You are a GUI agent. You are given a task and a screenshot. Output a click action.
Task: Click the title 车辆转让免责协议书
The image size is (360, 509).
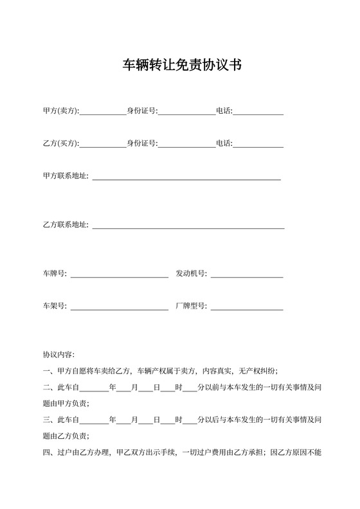tap(183, 65)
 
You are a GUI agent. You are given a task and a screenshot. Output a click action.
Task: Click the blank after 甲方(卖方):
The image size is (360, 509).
tap(102, 112)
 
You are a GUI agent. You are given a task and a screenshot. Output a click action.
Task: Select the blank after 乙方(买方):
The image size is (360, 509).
tap(102, 144)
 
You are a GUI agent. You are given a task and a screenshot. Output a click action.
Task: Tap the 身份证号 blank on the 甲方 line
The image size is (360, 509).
tap(186, 112)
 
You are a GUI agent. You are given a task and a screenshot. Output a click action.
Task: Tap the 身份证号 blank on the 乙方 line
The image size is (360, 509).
tap(186, 144)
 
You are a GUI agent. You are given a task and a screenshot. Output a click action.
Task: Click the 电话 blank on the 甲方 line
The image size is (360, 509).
tap(258, 112)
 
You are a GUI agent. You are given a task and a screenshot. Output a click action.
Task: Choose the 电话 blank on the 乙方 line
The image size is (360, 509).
tap(258, 144)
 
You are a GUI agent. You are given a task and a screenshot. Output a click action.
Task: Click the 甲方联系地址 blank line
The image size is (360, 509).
tap(186, 177)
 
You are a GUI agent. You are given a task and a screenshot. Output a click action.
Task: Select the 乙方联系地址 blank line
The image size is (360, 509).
tap(188, 226)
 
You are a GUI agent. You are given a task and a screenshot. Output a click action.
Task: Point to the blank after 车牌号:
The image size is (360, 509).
tap(119, 274)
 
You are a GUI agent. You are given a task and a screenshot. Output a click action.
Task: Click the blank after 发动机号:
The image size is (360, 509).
tap(246, 274)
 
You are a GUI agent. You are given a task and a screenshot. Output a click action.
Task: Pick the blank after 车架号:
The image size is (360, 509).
tap(119, 307)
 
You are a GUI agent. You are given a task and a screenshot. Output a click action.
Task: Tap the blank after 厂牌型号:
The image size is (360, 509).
tap(246, 307)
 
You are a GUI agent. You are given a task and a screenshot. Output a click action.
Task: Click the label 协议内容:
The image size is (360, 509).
tap(59, 355)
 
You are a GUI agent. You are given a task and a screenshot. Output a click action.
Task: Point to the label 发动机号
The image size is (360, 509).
tap(190, 273)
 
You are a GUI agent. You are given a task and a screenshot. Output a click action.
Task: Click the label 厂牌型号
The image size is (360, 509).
tap(190, 306)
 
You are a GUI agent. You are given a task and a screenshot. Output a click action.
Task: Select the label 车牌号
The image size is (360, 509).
tap(55, 273)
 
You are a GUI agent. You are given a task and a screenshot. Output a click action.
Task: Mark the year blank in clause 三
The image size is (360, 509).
tap(94, 421)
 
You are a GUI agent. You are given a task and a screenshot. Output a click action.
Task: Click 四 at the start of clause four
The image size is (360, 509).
tap(46, 452)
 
